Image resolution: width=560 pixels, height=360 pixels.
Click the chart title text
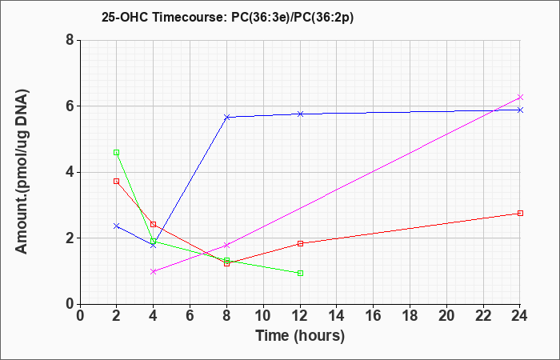pos(227,17)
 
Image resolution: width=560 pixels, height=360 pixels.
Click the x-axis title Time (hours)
pos(300,336)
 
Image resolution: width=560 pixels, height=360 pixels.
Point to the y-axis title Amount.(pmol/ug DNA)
pos(22,172)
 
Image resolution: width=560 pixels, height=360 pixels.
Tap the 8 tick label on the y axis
pos(70,40)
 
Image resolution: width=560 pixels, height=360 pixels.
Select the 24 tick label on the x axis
pos(520,316)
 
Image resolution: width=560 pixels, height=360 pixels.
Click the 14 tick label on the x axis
pos(337,316)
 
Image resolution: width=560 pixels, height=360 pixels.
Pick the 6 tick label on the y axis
pos(70,106)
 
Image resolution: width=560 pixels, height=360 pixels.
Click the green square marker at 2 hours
pos(117,153)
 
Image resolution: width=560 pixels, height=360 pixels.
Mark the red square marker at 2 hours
pos(117,181)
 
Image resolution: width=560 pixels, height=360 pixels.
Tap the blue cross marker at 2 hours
pos(117,226)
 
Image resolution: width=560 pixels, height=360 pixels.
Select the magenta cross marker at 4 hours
pos(154,271)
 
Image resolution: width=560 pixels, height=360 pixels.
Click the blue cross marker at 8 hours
pos(226,117)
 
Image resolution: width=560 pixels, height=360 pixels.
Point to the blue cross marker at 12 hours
pos(300,114)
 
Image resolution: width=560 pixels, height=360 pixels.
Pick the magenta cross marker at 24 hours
pos(520,97)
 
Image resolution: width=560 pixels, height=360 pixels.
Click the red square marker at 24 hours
pos(520,214)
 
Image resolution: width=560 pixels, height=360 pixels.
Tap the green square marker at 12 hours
pos(300,274)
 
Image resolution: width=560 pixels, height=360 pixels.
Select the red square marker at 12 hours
pos(300,243)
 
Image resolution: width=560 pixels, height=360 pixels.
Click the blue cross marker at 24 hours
pos(520,110)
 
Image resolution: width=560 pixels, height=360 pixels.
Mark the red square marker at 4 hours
pos(154,224)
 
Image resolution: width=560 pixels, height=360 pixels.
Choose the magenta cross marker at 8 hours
pos(226,246)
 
